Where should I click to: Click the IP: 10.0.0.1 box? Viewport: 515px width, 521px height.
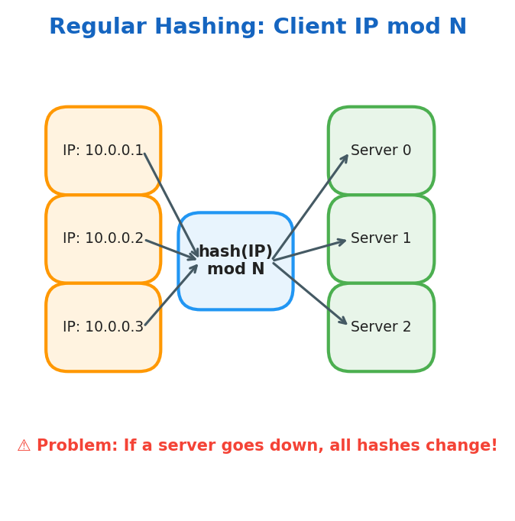click(103, 150)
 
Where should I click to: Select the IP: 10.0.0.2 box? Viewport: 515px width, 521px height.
click(103, 238)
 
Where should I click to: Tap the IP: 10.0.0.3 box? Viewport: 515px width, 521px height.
click(103, 327)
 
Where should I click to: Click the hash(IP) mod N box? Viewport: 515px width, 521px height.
click(235, 260)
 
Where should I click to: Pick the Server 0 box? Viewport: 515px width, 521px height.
click(381, 150)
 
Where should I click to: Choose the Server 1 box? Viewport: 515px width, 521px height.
click(381, 238)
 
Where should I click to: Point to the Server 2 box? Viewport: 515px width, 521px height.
click(381, 327)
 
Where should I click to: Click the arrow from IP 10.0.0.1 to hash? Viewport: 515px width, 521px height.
click(171, 205)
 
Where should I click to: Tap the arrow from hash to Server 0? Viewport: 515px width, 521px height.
click(310, 207)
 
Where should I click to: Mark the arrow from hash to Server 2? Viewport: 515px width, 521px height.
click(309, 293)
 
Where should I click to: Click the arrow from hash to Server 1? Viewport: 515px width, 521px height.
click(309, 250)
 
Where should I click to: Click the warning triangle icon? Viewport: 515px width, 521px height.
click(24, 446)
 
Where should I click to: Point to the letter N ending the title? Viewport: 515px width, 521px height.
click(457, 28)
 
